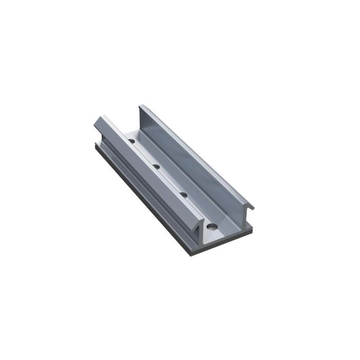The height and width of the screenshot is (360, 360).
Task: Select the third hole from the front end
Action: (156, 166)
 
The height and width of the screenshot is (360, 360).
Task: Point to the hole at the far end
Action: (132, 140)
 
